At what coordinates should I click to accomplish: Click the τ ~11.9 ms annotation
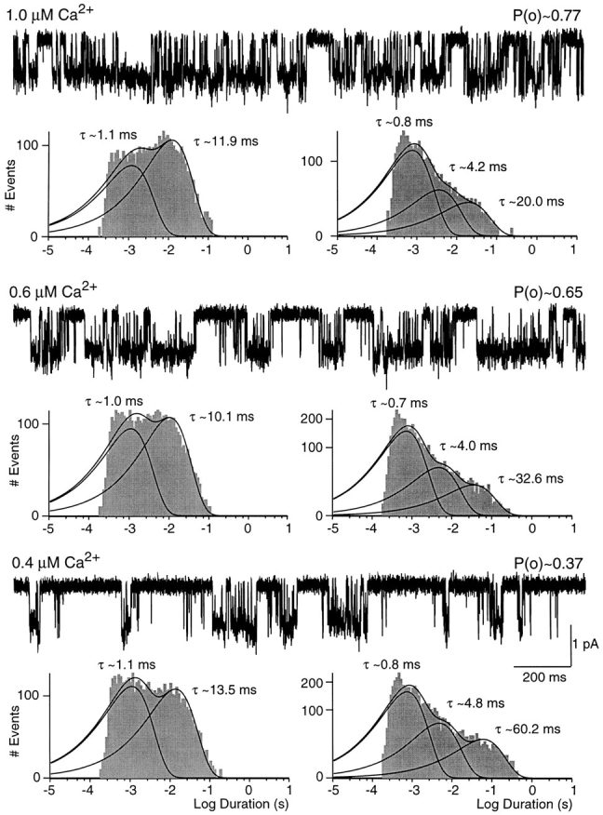(225, 140)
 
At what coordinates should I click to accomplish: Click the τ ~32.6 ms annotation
(531, 478)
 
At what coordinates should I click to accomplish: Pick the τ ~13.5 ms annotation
(223, 689)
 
